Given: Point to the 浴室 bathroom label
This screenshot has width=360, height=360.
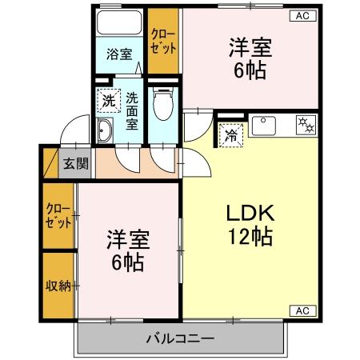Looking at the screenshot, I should (x=119, y=56).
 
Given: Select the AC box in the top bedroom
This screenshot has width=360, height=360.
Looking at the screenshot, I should (x=304, y=15).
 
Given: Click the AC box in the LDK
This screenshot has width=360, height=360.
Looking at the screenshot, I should (x=304, y=310).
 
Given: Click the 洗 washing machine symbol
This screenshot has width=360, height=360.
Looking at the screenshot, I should (x=108, y=101).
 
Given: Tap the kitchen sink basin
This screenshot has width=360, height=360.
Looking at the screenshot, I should (x=265, y=126).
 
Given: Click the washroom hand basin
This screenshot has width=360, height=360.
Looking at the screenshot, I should (x=104, y=133).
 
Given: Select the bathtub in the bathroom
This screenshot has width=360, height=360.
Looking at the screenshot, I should (x=119, y=25).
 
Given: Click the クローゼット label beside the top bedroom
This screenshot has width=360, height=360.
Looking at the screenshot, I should (x=163, y=40).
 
